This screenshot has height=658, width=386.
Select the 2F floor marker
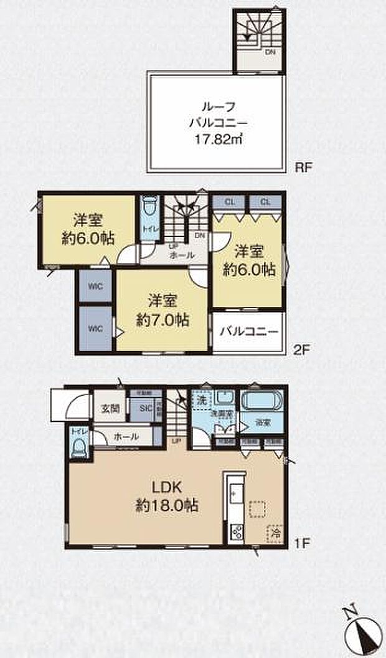tap(301, 350)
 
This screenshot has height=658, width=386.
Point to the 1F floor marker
tap(301, 542)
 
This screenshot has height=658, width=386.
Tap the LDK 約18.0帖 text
tap(168, 495)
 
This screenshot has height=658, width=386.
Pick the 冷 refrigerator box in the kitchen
tap(275, 533)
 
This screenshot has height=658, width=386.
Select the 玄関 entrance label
tap(110, 409)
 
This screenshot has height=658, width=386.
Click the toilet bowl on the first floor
tap(78, 447)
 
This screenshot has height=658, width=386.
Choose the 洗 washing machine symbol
tap(200, 397)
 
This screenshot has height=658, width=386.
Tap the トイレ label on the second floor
tap(150, 229)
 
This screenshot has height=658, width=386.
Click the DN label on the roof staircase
tap(270, 52)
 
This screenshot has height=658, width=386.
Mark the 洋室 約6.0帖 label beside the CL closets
tap(250, 260)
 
